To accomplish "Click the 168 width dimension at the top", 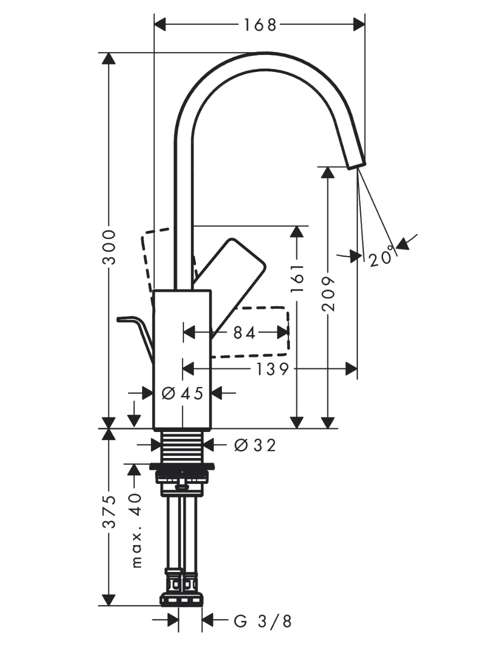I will click(260, 24).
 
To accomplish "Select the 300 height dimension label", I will click(109, 247).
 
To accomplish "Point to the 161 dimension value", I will click(297, 278).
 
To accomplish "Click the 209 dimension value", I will click(327, 293).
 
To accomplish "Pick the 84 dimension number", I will click(244, 332).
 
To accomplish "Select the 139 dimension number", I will click(272, 369).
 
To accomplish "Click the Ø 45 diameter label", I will click(183, 393).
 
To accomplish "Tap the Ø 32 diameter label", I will click(254, 444).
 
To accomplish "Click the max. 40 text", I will click(136, 530).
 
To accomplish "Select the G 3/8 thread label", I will click(262, 621).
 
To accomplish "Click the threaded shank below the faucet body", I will click(183, 444).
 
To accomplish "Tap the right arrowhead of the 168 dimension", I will click(359, 23).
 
